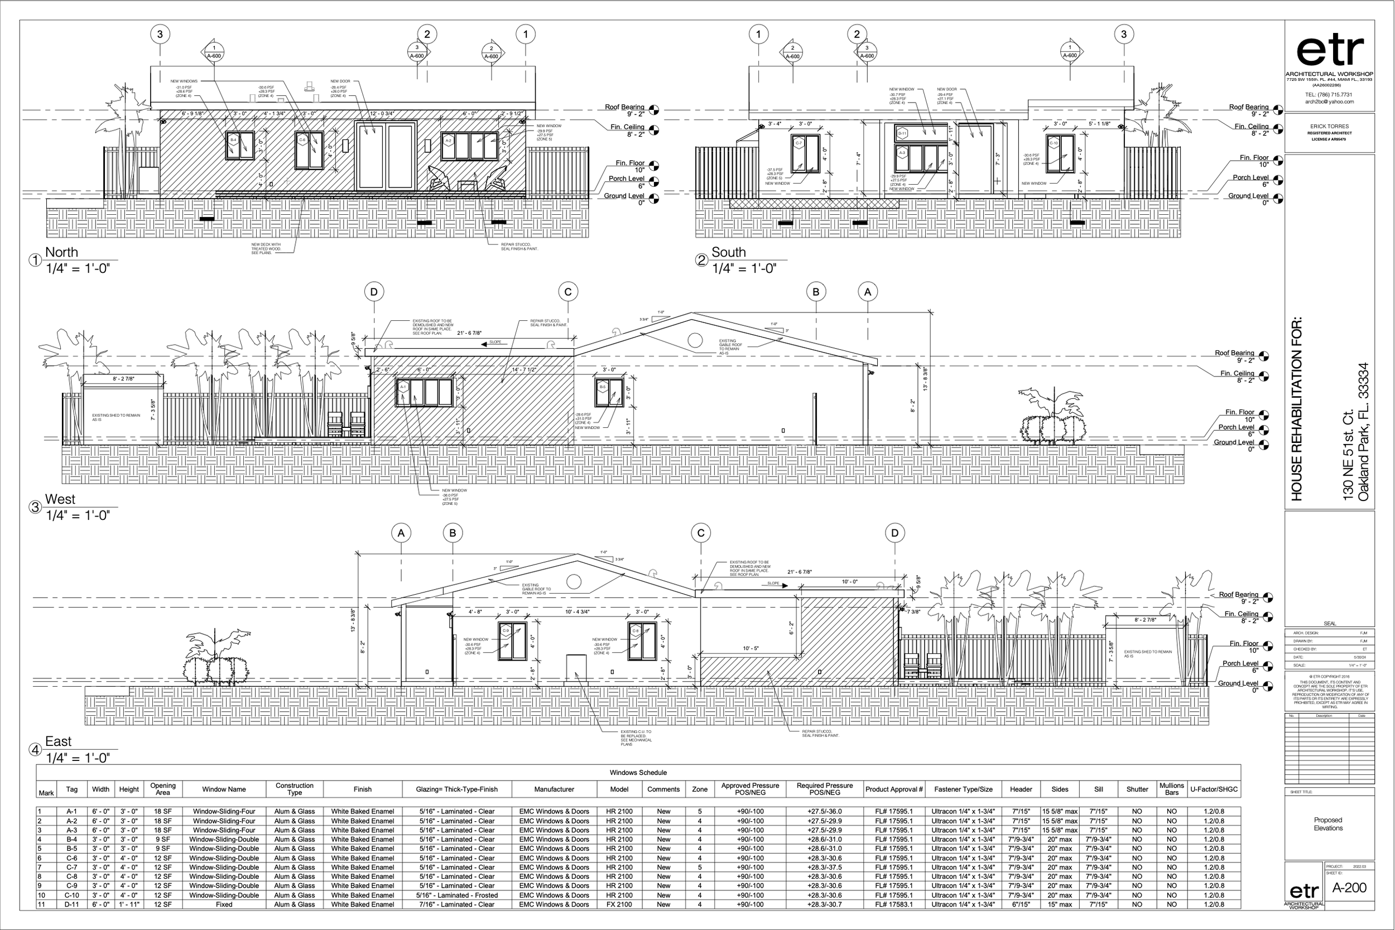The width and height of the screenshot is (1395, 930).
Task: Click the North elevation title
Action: click(62, 252)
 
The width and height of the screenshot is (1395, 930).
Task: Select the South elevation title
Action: click(728, 252)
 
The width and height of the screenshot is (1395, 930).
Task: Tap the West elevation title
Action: click(60, 499)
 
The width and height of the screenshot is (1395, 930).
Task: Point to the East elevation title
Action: click(58, 741)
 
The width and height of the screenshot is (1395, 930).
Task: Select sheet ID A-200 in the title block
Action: click(1349, 888)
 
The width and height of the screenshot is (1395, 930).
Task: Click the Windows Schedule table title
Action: click(638, 773)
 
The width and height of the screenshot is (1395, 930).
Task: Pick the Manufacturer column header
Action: click(554, 789)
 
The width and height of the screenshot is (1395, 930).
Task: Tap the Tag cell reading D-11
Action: click(72, 904)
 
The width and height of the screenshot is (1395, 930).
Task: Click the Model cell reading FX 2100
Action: click(619, 904)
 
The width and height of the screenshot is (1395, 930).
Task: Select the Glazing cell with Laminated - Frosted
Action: click(456, 895)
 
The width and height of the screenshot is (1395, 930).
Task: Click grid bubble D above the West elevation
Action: click(374, 292)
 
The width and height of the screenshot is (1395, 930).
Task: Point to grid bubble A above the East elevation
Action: click(402, 533)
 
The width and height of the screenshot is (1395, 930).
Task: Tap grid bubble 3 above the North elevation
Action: click(160, 34)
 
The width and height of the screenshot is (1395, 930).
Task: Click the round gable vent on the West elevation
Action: click(695, 340)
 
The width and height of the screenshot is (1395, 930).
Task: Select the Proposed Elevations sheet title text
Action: click(1328, 825)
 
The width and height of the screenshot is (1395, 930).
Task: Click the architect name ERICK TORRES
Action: click(1329, 126)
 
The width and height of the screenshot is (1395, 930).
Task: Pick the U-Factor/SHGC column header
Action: click(1214, 789)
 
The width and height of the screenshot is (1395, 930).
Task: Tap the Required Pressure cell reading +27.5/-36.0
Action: click(824, 811)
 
